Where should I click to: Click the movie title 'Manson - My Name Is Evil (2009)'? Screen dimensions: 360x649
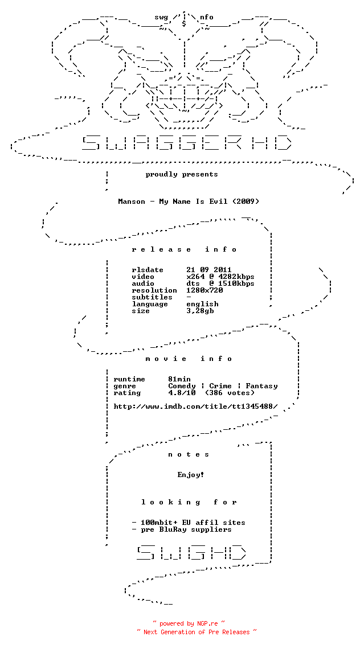tap(189, 202)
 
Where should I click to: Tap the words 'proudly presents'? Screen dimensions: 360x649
tap(182, 174)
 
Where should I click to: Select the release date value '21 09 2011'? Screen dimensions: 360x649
tap(209, 270)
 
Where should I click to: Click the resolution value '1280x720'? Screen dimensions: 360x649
tap(204, 290)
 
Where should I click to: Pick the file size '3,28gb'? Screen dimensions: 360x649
tap(200, 311)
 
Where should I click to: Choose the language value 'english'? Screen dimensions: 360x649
tap(202, 304)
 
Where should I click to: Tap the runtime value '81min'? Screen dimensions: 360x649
tap(179, 379)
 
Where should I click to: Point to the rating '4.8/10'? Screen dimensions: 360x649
tap(182, 393)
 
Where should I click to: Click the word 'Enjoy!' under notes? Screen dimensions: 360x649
tap(191, 475)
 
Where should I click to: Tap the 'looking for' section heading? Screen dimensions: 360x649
tap(189, 503)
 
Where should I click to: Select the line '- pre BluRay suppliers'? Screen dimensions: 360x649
tap(182, 529)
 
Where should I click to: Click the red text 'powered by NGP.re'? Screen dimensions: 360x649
tap(189, 623)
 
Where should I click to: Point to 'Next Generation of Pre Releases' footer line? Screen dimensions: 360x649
tap(197, 632)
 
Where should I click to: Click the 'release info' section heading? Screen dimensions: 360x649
tap(184, 249)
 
